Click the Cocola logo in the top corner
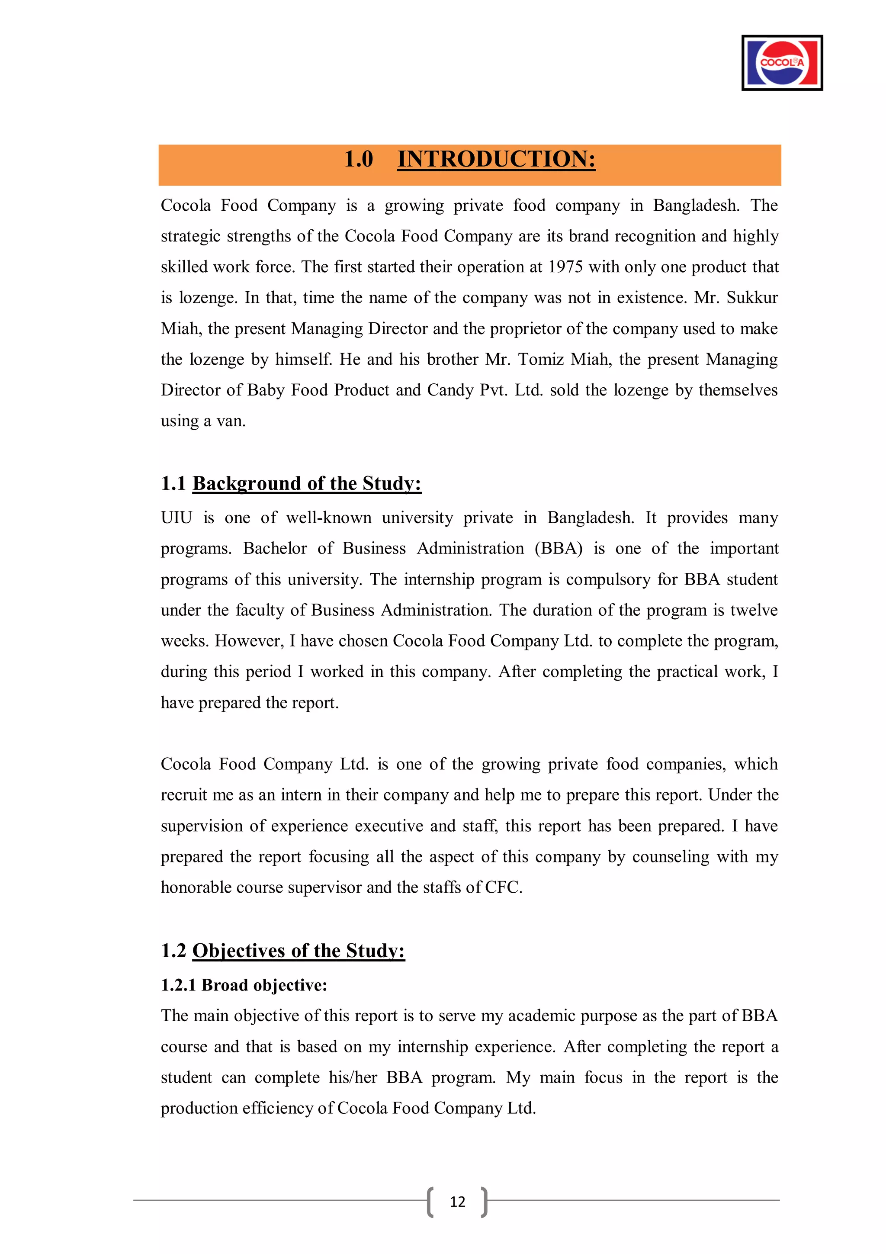782,63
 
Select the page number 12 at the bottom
457,1202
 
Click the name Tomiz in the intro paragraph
540,360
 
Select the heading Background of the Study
306,483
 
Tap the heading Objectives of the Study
298,951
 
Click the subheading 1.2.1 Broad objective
244,985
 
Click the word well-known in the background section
329,518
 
